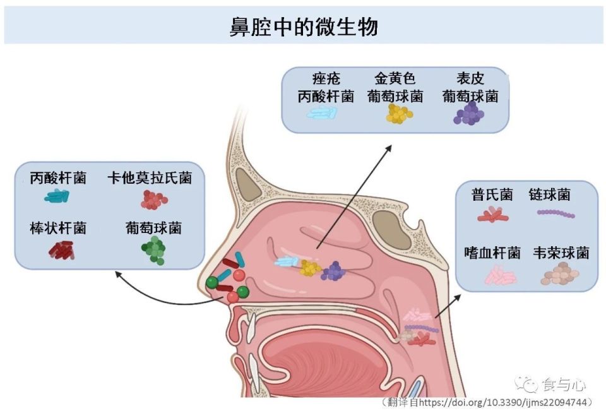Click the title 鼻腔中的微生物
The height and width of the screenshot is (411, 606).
pyautogui.click(x=304, y=27)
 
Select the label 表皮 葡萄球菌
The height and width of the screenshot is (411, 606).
pyautogui.click(x=470, y=88)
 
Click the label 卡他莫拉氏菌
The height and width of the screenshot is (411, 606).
pyautogui.click(x=149, y=178)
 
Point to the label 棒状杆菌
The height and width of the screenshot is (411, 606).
pyautogui.click(x=58, y=228)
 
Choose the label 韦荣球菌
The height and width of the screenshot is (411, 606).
pyautogui.click(x=561, y=253)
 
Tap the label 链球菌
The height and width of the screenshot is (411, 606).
pyautogui.click(x=549, y=194)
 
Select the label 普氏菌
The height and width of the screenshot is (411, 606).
pyautogui.click(x=492, y=194)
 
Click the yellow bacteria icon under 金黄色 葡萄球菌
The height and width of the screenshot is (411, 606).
pyautogui.click(x=399, y=114)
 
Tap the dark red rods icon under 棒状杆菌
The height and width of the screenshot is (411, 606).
pyautogui.click(x=61, y=251)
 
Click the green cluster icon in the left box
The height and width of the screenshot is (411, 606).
pyautogui.click(x=153, y=250)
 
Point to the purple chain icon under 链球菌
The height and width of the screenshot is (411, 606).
pyautogui.click(x=555, y=214)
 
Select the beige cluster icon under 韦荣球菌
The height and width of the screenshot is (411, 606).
pyautogui.click(x=560, y=274)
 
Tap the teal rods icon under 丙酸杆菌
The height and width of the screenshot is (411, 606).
pyautogui.click(x=57, y=196)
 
